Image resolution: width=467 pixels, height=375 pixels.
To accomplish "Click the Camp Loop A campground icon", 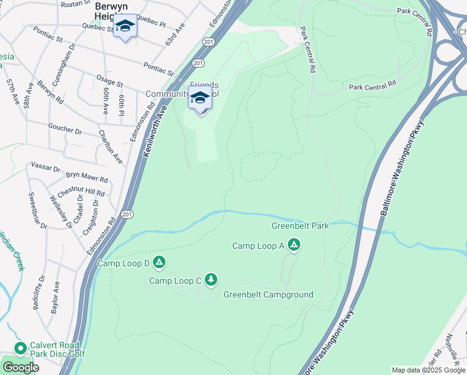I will [x=294, y=246].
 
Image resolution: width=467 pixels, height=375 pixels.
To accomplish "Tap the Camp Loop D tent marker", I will [x=159, y=263].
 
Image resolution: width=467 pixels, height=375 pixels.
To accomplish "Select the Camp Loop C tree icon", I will [x=211, y=280].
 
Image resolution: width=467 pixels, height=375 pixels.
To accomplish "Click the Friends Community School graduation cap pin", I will [x=200, y=101].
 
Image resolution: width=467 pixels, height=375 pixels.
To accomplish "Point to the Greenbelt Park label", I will [x=300, y=226].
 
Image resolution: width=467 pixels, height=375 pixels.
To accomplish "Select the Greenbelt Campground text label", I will [x=268, y=294].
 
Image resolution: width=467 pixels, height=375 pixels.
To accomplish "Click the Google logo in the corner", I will [x=21, y=367].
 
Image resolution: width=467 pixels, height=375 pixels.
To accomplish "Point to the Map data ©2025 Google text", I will [x=428, y=370].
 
